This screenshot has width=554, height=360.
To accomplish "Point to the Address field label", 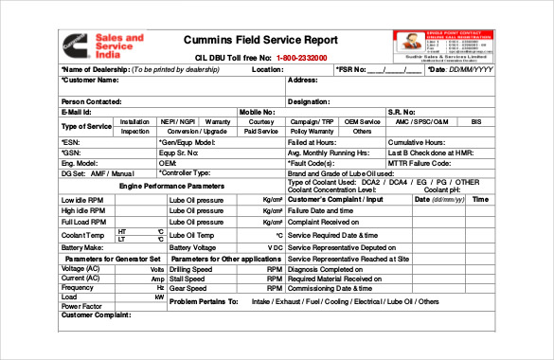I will point(303,81).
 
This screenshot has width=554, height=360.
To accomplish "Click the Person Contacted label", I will point(91,100).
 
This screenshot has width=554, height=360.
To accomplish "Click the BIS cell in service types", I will point(476,121).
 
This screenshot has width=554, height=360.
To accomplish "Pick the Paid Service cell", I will point(260,132).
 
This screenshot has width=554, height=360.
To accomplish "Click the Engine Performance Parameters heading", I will point(172,187).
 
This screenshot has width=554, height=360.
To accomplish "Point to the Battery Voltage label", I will point(192,246).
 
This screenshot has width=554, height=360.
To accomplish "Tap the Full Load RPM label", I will point(84,221).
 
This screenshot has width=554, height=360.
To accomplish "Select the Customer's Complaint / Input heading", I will point(334,200).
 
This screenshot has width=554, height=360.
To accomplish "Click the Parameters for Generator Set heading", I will point(112,258).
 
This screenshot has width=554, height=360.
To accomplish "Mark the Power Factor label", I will point(83,306).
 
